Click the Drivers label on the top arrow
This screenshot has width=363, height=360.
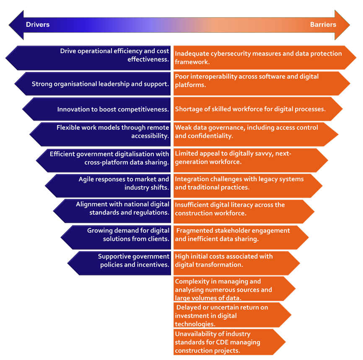[38, 25]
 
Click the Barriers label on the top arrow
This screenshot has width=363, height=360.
[323, 25]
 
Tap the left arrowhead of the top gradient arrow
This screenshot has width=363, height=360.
[15, 25]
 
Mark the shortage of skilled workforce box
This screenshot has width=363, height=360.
[256, 109]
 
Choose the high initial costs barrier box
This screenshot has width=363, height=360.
[235, 261]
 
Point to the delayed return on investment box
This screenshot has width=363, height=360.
[231, 316]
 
